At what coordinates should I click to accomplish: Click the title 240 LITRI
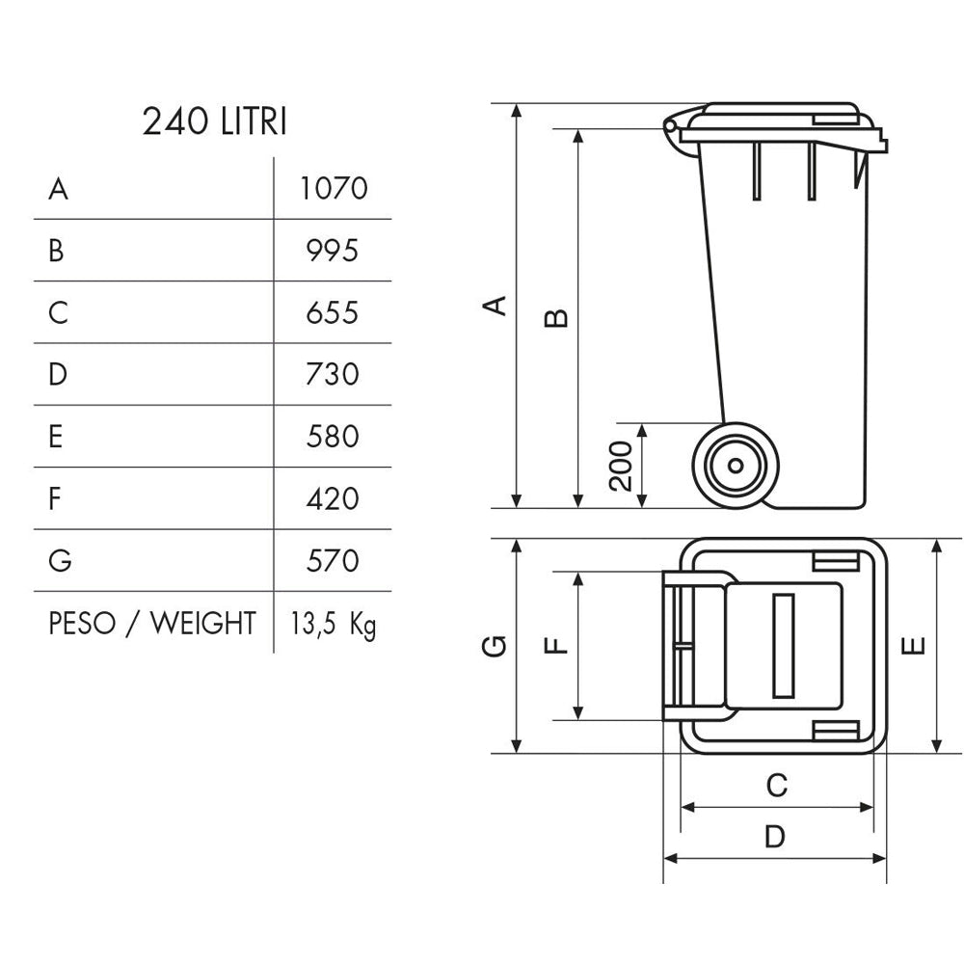click(214, 122)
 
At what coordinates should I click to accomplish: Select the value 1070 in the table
click(334, 188)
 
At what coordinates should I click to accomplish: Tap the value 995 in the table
click(333, 251)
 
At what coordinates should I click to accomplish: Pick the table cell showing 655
click(333, 313)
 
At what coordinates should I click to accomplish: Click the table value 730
click(333, 374)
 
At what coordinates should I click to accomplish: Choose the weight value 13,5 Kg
click(334, 625)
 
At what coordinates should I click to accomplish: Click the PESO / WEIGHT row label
click(152, 624)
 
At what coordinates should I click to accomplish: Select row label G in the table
click(60, 561)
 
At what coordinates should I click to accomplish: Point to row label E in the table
click(56, 437)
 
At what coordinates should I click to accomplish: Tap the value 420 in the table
click(333, 499)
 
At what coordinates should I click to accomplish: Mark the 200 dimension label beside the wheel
click(623, 466)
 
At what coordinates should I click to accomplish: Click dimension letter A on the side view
click(494, 306)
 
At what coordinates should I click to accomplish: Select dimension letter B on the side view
click(556, 318)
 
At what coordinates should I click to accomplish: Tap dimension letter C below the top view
click(776, 786)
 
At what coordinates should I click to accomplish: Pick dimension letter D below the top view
click(775, 838)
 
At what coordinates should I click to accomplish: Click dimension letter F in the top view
click(556, 645)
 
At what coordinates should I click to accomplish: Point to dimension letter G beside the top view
click(494, 646)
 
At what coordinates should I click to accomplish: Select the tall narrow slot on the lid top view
click(784, 645)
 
